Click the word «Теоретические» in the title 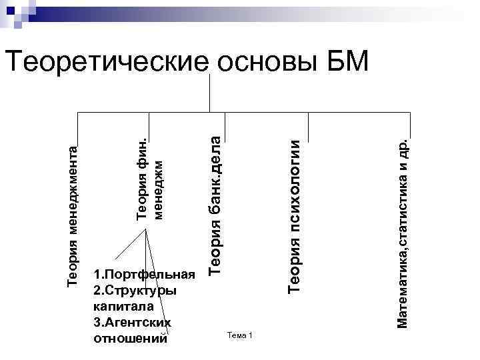107,62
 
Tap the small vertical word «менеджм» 158,187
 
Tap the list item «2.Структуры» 135,291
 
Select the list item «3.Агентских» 133,323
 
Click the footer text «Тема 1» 239,334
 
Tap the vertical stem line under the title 211,93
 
